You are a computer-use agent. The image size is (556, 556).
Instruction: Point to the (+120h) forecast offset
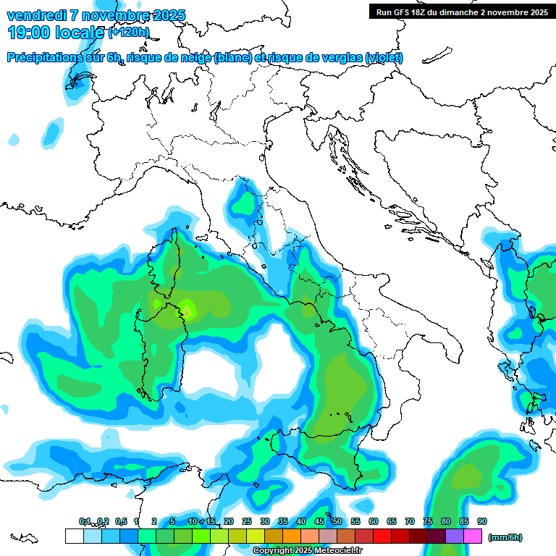(x=129, y=32)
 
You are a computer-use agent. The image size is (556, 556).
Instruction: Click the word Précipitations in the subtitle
(x=45, y=58)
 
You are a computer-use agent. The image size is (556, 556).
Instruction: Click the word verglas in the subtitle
(x=340, y=58)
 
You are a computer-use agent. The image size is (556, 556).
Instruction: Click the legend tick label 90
(x=482, y=521)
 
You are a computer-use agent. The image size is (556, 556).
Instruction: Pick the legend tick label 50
(x=337, y=521)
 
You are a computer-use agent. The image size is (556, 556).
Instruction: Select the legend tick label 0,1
(x=85, y=521)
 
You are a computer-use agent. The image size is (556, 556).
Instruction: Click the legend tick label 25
(x=247, y=521)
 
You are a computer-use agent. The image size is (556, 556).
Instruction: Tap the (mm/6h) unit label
(x=505, y=537)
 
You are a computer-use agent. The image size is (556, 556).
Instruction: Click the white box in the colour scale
(x=74, y=536)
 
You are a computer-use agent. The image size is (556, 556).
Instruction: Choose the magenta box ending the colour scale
(x=473, y=536)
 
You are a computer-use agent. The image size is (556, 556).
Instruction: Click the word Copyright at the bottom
(x=274, y=551)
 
